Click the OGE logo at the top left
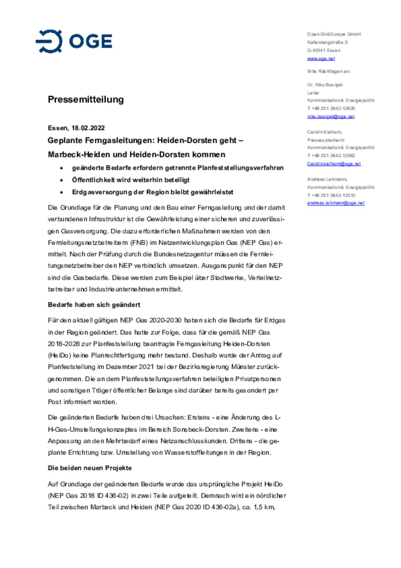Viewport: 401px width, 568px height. click(x=74, y=41)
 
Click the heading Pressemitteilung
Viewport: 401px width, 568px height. click(x=86, y=99)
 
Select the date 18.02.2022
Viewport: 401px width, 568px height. click(x=88, y=128)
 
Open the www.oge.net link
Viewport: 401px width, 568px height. click(x=321, y=59)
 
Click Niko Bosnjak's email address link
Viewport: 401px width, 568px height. click(x=331, y=116)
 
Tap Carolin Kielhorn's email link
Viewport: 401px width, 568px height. click(x=334, y=164)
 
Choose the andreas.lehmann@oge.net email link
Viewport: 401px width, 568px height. click(x=336, y=203)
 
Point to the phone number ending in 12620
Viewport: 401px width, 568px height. click(x=331, y=108)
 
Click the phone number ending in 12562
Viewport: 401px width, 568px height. click(x=331, y=156)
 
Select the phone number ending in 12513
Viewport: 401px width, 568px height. click(x=331, y=195)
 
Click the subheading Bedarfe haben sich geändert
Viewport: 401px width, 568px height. click(x=94, y=305)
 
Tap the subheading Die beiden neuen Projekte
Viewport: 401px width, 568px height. click(x=90, y=468)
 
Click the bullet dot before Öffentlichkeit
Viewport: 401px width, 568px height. click(x=62, y=180)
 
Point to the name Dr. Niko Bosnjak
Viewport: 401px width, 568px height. click(x=325, y=85)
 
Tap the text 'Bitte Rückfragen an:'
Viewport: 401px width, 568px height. click(x=329, y=71)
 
